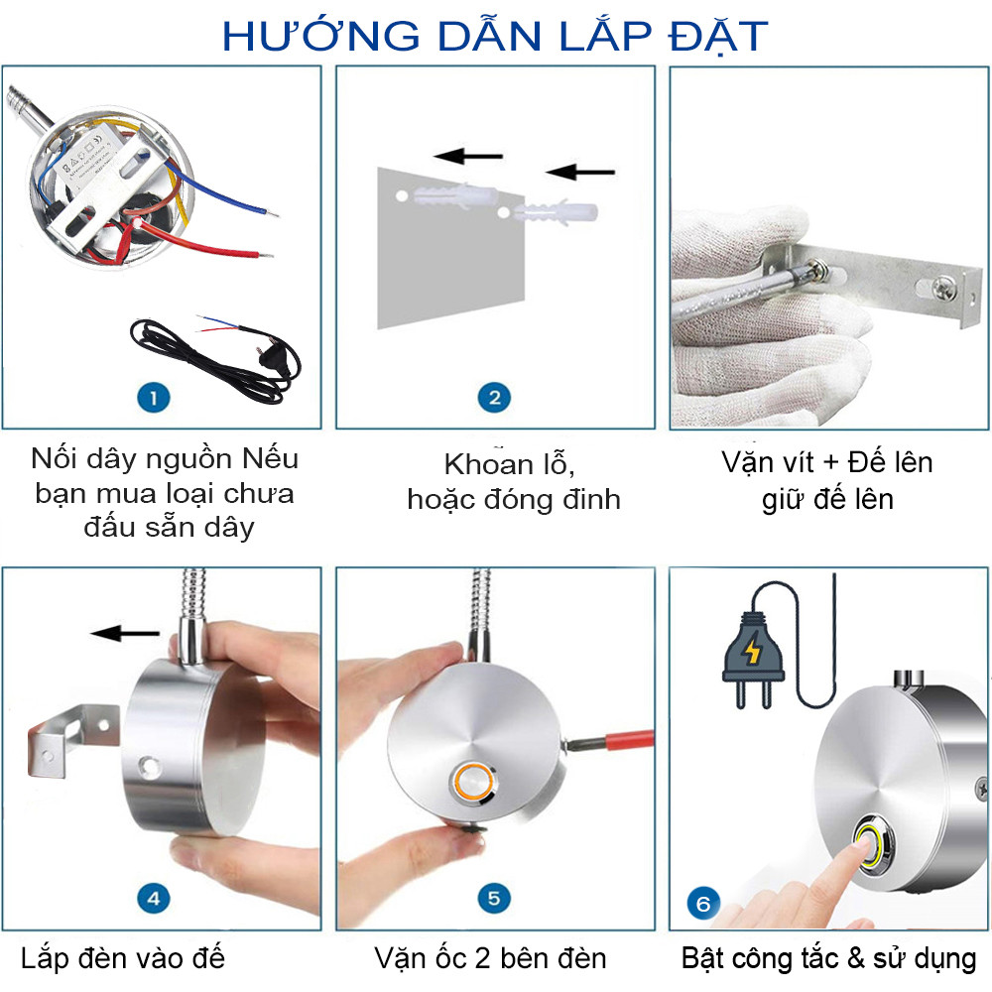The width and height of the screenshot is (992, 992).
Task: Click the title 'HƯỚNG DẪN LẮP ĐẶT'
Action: pos(495,36)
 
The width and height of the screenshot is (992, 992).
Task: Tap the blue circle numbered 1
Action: pos(153,398)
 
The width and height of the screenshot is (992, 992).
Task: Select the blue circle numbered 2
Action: pos(495,398)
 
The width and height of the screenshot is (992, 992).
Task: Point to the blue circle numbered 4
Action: pos(153,899)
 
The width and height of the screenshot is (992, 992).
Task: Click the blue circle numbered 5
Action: pos(495,899)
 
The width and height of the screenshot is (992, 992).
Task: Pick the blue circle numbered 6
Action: pos(703,904)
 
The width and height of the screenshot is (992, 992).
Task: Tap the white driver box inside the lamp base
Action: pos(87,155)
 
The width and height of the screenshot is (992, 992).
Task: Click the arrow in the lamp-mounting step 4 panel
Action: pos(125,632)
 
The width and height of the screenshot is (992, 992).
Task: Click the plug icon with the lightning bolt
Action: pos(753,660)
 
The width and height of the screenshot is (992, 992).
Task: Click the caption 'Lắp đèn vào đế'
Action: pos(123,958)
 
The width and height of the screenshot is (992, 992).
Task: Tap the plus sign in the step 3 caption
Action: pos(830,463)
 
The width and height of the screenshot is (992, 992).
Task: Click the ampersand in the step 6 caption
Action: pos(856,958)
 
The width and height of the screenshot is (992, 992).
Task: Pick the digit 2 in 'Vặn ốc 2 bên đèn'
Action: pos(483,958)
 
